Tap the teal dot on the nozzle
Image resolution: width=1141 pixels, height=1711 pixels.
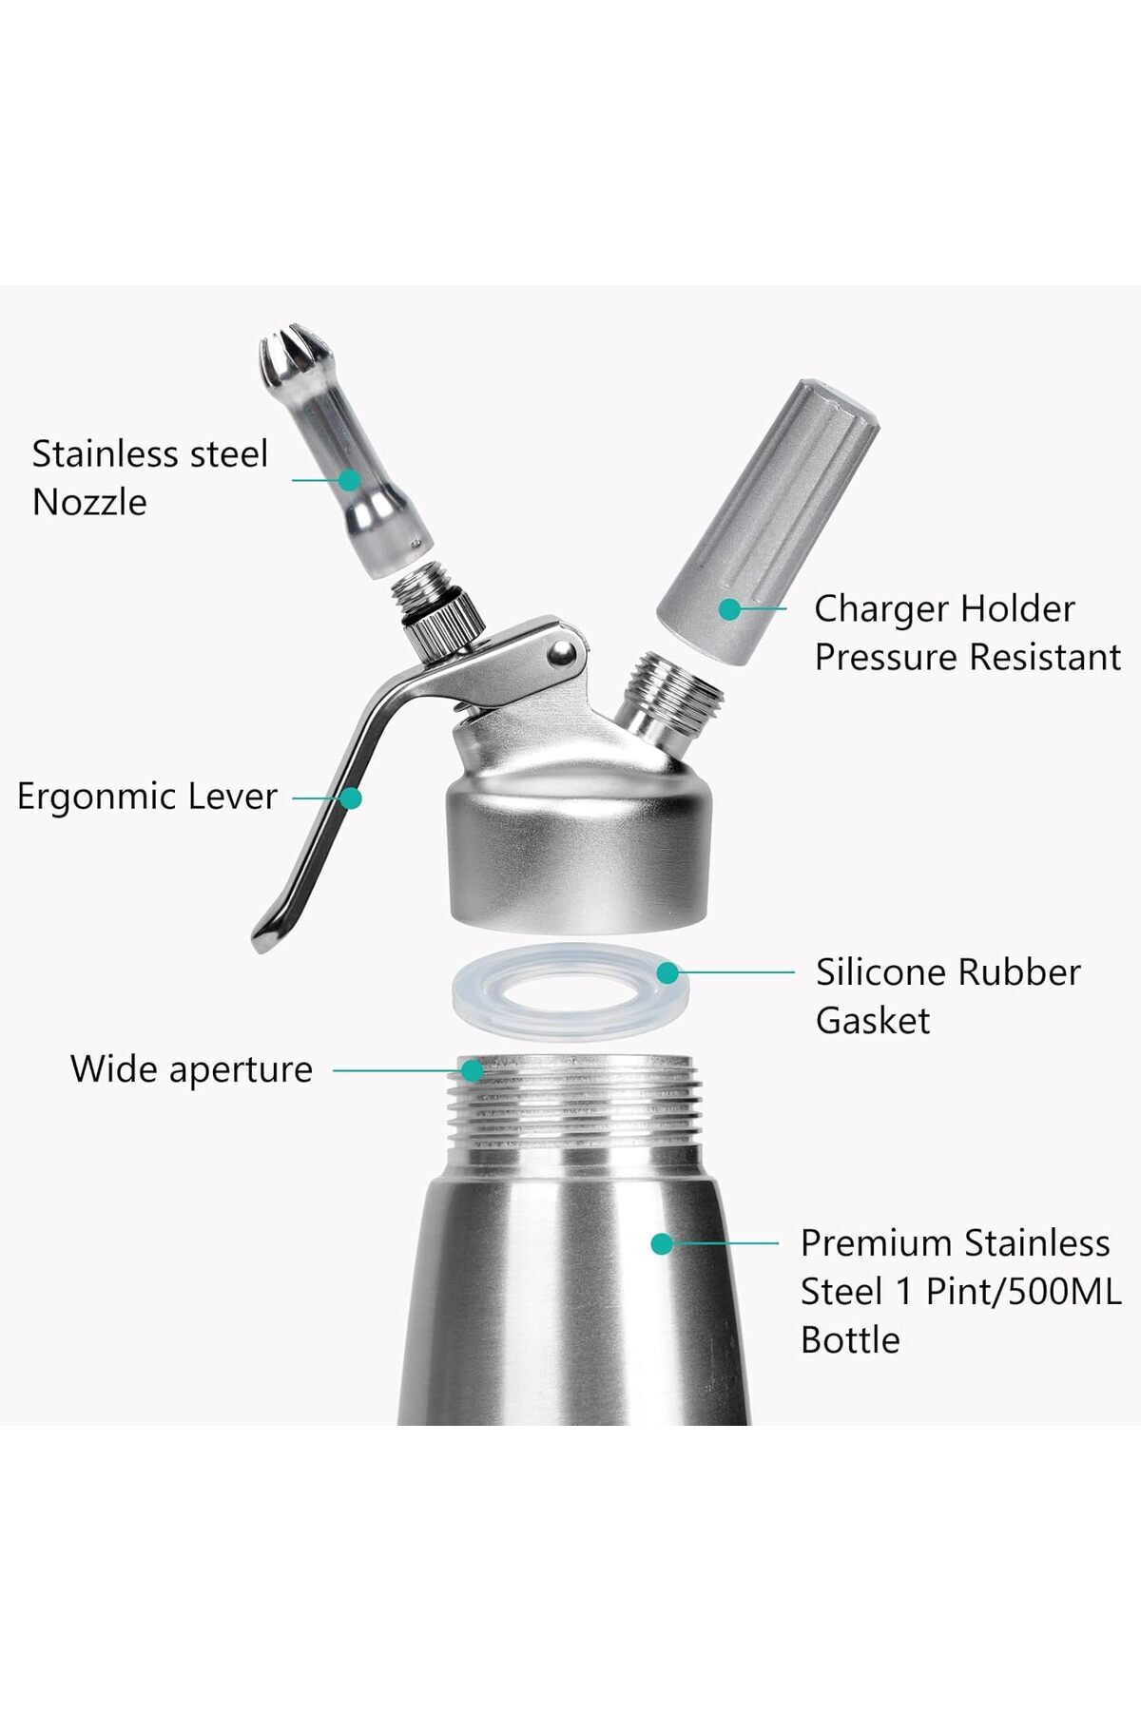click(350, 480)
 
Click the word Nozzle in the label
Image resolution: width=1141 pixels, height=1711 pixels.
click(89, 502)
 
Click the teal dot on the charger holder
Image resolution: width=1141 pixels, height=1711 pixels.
click(729, 609)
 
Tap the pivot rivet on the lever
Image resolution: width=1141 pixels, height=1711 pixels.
click(562, 652)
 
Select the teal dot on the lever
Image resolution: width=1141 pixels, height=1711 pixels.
click(351, 798)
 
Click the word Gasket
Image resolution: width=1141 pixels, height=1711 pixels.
click(873, 1021)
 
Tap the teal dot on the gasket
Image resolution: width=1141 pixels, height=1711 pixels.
click(667, 972)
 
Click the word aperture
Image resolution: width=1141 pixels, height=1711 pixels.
click(241, 1071)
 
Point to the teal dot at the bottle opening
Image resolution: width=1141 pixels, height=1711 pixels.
click(472, 1070)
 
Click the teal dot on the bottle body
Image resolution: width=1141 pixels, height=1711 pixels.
click(662, 1243)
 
